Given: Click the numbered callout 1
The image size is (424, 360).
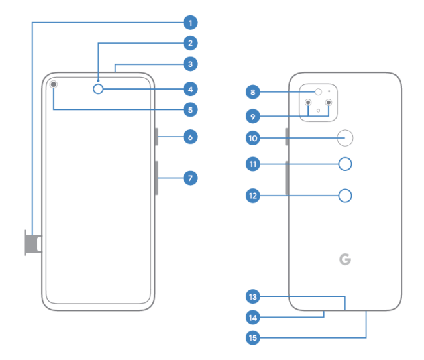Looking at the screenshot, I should [x=190, y=23].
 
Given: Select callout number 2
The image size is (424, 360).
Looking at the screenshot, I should [x=190, y=44].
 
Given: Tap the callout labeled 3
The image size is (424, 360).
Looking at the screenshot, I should [x=190, y=64].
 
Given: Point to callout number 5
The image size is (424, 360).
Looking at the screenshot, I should [x=190, y=109].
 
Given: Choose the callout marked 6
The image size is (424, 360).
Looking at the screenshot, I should [x=190, y=137].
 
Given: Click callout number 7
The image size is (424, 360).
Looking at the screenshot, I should [x=190, y=178].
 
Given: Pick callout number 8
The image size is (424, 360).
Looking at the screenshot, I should [x=252, y=91].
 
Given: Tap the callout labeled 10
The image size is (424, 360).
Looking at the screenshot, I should [x=252, y=138].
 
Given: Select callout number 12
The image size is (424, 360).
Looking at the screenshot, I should [x=252, y=196].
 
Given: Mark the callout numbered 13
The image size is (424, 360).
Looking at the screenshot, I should [x=252, y=296].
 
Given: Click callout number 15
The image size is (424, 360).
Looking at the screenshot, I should [x=252, y=338].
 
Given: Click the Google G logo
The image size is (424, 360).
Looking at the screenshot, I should [x=344, y=259].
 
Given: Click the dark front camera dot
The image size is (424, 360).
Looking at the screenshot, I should [x=53, y=84].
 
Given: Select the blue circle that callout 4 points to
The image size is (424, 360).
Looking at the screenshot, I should [x=99, y=88].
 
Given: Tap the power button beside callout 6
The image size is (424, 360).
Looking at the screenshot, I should [x=157, y=137].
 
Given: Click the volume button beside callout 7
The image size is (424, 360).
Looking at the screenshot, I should [x=157, y=178].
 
